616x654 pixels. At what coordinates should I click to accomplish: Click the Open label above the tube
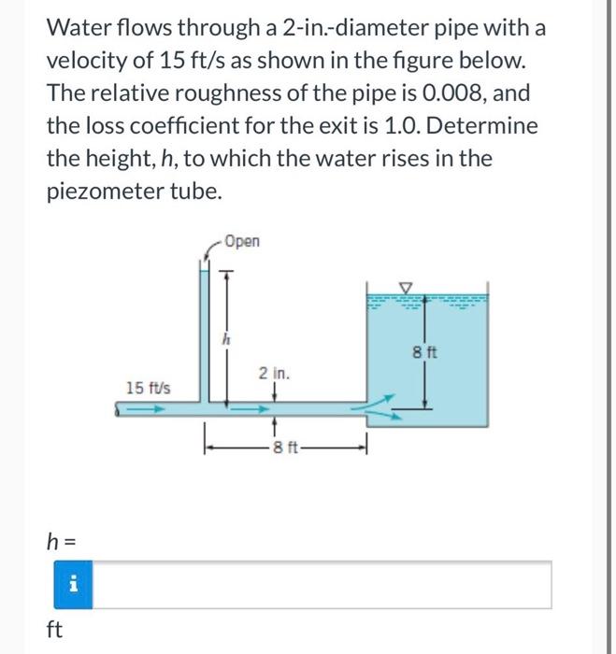[243, 242]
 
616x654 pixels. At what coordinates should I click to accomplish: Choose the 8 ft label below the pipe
[281, 445]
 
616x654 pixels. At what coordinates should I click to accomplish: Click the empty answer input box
[322, 584]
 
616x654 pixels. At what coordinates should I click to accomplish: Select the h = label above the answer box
[62, 540]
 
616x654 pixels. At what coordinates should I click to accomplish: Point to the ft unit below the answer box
[54, 629]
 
